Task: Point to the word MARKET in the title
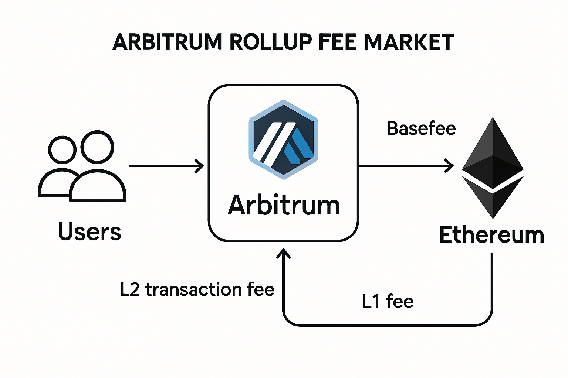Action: click(x=410, y=42)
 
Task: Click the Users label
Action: click(x=89, y=232)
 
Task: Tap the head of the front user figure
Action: click(x=97, y=147)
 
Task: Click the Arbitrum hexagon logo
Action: click(x=283, y=140)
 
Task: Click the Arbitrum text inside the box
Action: click(x=284, y=205)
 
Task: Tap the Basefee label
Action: click(x=421, y=129)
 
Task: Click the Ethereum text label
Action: click(x=491, y=235)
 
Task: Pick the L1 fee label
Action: click(x=388, y=301)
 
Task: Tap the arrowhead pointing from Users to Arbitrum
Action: click(x=200, y=166)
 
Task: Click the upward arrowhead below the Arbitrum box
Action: click(x=284, y=253)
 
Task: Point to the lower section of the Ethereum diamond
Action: click(x=493, y=197)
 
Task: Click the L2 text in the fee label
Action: click(x=130, y=289)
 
